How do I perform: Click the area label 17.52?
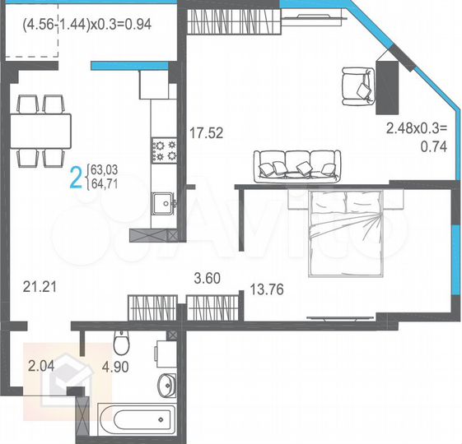[x=207, y=131]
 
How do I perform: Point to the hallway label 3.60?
[x=206, y=277]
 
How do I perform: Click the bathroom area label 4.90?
[x=116, y=368]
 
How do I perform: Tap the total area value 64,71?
[x=105, y=183]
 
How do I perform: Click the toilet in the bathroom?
[x=122, y=342]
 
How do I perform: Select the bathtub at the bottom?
[x=135, y=419]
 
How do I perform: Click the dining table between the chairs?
[x=40, y=130]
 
